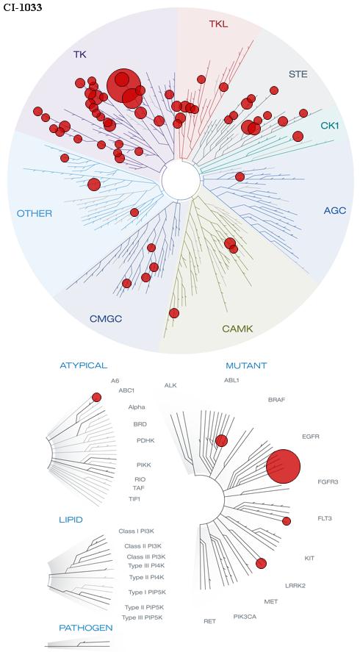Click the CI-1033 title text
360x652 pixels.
tap(23, 7)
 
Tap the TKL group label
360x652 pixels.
tap(218, 24)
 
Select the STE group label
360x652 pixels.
tap(298, 74)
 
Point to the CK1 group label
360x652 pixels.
tap(330, 125)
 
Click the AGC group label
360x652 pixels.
tap(334, 211)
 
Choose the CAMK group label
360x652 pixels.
tap(237, 329)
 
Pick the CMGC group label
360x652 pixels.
tap(106, 319)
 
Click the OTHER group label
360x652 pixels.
tap(35, 214)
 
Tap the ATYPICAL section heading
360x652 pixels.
tap(84, 365)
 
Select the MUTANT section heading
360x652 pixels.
tap(246, 366)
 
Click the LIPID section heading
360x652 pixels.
tap(71, 520)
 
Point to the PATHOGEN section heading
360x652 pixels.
tap(86, 628)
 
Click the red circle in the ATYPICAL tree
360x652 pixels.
tap(96, 397)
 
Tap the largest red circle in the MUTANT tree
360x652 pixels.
tap(283, 466)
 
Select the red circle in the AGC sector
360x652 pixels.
tap(240, 176)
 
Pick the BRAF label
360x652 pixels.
tap(276, 400)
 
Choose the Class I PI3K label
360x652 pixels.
tap(137, 531)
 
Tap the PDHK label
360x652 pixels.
tap(145, 440)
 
